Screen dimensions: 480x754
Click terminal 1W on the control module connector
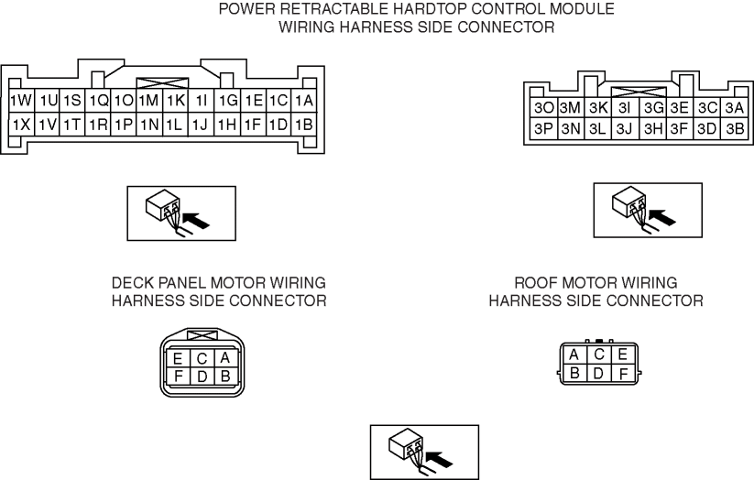[20, 100]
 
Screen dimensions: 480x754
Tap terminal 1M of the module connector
[149, 100]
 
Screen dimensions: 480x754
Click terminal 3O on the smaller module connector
[541, 108]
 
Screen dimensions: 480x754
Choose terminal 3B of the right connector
[734, 129]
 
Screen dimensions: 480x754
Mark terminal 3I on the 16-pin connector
[625, 108]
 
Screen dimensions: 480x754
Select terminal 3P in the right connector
[541, 129]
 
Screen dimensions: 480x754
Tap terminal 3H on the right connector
[652, 129]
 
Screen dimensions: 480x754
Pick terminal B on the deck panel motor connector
[223, 376]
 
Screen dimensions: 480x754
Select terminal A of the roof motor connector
[574, 355]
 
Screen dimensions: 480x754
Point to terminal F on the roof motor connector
[622, 373]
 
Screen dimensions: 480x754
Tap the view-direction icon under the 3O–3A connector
[648, 209]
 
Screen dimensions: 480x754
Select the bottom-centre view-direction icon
[423, 451]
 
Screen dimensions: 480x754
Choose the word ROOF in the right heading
[535, 283]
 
